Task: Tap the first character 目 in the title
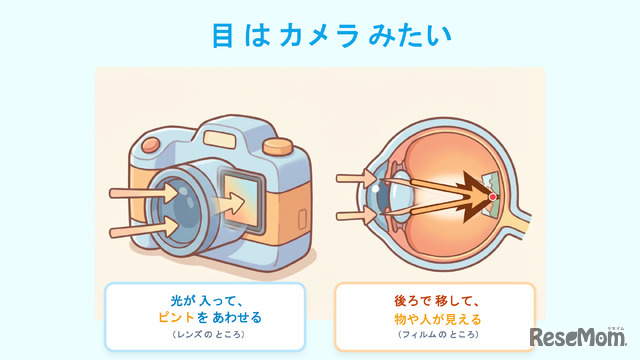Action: [223, 35]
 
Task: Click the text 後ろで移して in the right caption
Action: [434, 300]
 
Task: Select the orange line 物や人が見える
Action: [434, 318]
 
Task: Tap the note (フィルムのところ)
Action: [434, 336]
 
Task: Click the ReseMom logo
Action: [578, 336]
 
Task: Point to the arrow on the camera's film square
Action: [236, 204]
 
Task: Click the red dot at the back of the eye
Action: [492, 197]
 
